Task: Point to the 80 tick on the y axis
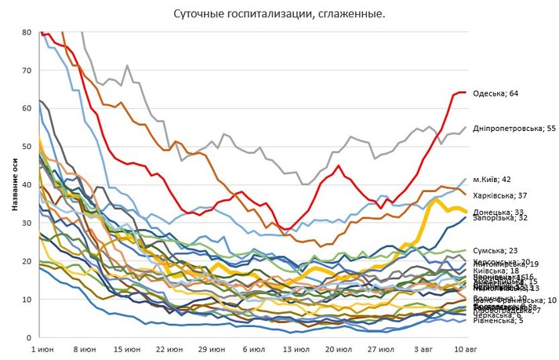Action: [x=27, y=32]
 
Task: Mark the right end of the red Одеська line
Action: [x=465, y=93]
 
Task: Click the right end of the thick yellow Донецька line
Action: [x=465, y=211]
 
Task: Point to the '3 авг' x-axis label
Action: [x=423, y=347]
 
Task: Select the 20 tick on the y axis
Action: [x=27, y=261]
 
